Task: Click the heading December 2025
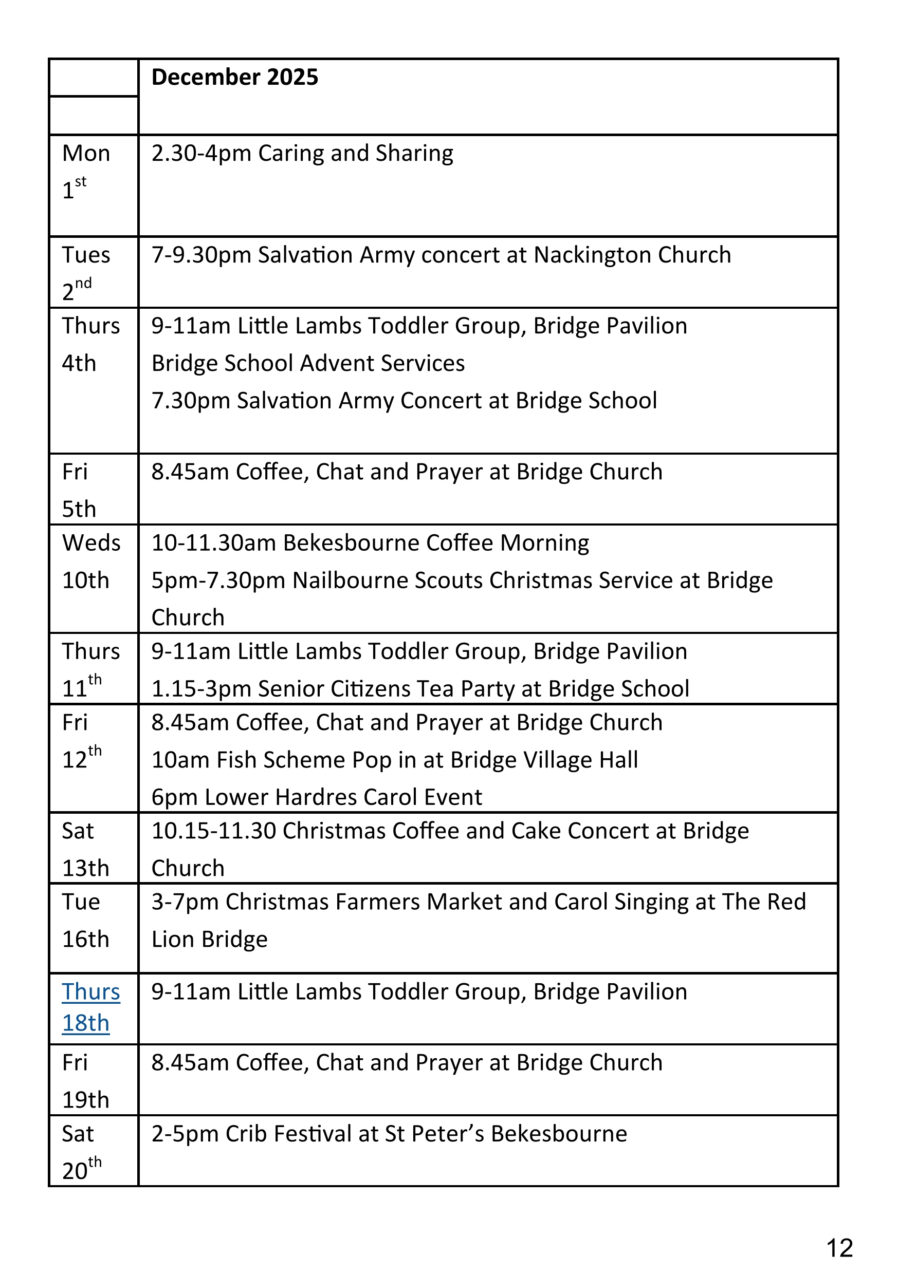point(234,77)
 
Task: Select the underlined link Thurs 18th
point(90,1007)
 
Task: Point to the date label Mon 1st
point(85,172)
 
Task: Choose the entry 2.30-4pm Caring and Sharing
point(302,154)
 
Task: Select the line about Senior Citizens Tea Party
point(420,688)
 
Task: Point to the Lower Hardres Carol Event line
point(317,797)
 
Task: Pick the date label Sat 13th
point(85,850)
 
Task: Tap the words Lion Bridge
point(209,940)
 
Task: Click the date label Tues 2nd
point(85,272)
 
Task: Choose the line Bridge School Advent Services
point(308,363)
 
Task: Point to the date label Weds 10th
point(90,561)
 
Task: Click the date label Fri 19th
point(85,1081)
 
